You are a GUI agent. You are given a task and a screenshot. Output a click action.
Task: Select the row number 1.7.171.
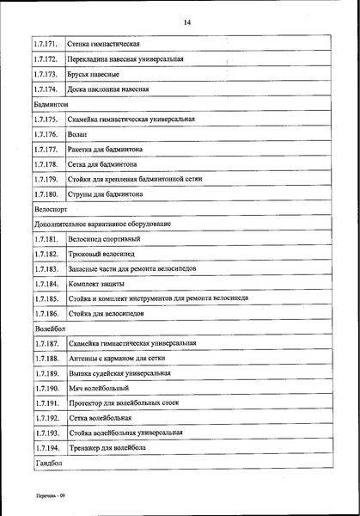pos(45,44)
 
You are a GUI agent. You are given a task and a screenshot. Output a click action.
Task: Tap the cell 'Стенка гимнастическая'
pos(103,44)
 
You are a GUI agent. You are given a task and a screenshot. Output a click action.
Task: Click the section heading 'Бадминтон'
pos(51,104)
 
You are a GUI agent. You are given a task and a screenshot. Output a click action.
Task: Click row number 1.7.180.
pos(45,193)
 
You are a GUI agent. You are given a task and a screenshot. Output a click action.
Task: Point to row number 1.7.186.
pos(45,314)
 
